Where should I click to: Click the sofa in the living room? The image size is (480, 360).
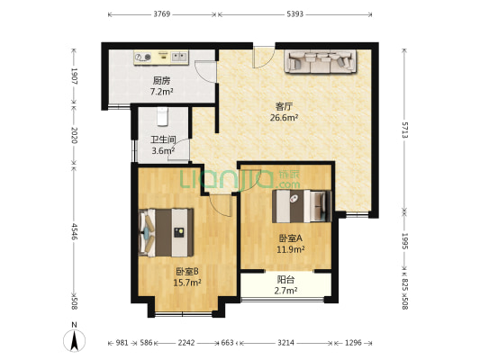coord(320,62)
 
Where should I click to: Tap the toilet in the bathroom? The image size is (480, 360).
coord(163,116)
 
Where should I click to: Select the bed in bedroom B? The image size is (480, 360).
coord(166,230)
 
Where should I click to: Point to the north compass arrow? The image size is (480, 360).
coord(76,341)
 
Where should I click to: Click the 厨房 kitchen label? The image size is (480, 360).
coord(161,80)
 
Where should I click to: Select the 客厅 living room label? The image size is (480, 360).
coord(285,105)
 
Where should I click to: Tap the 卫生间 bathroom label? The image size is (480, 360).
coord(162,139)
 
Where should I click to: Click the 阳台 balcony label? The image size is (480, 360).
coord(286,280)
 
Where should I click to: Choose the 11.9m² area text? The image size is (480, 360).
coord(291,249)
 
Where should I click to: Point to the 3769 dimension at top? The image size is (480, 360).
coord(162,14)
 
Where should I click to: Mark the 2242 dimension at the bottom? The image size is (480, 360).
coord(186,344)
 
